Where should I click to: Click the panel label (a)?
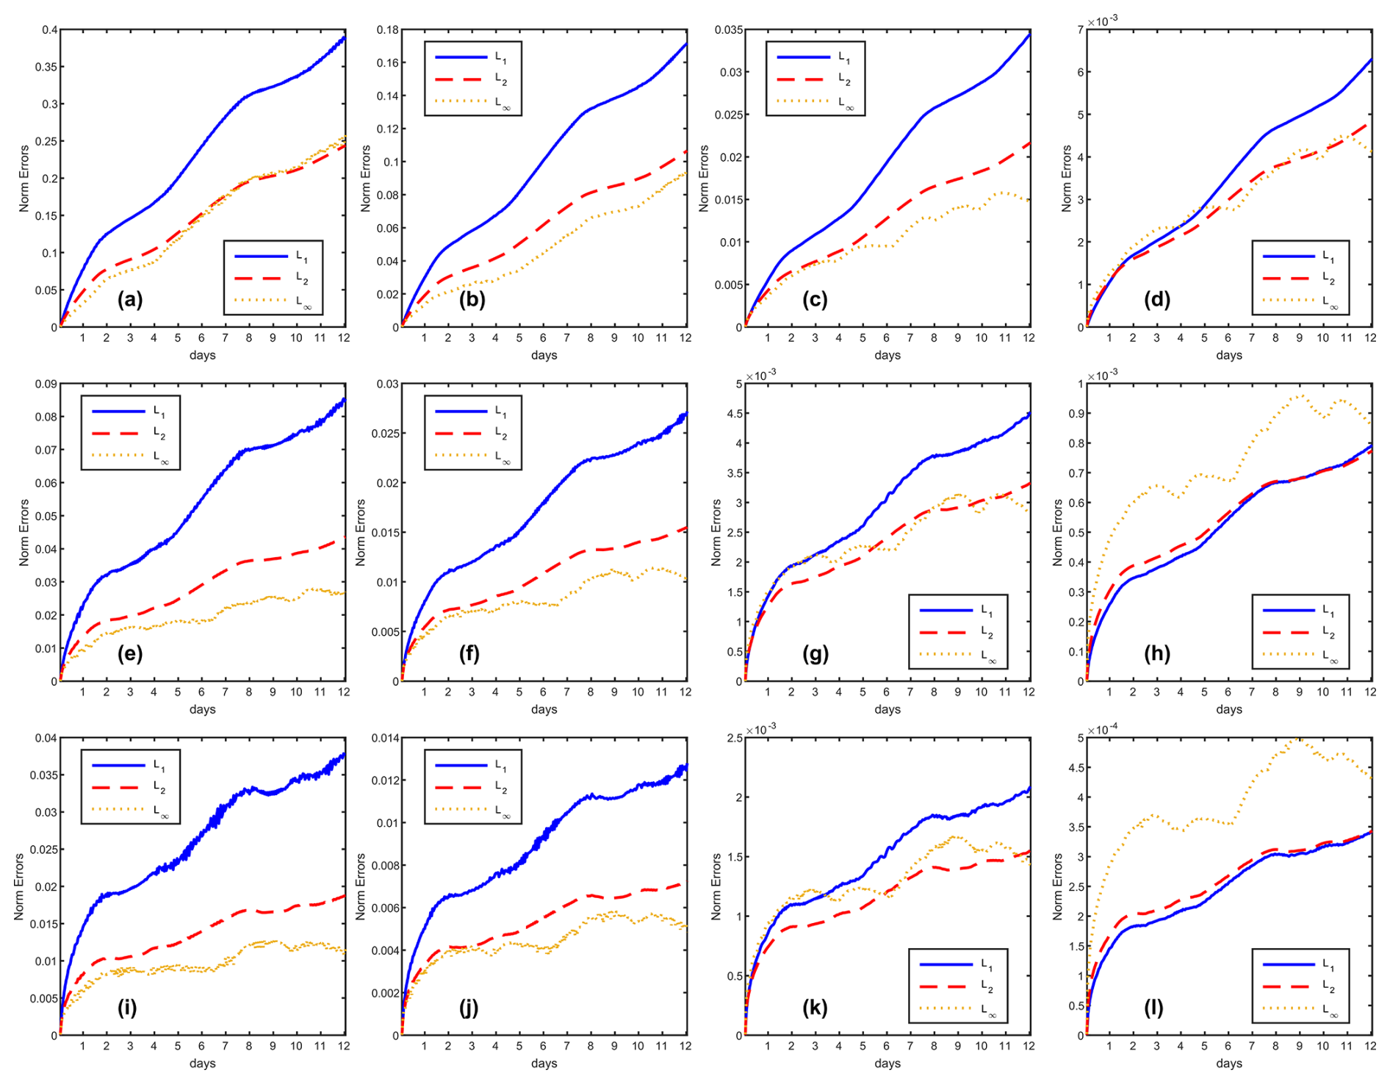(130, 299)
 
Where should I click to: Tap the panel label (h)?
(1156, 653)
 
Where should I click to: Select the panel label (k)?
(815, 1008)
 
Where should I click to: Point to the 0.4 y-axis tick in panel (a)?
(49, 30)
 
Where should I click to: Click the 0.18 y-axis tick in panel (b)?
(388, 30)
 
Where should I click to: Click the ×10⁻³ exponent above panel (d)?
(1102, 21)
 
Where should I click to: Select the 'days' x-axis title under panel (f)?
(544, 709)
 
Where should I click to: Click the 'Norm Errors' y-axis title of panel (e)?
(24, 532)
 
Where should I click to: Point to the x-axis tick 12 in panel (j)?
(685, 1046)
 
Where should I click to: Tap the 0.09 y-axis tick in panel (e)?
(46, 384)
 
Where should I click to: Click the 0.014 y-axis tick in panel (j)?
(385, 738)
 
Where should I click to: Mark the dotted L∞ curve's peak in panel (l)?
(1299, 739)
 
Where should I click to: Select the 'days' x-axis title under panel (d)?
(1228, 355)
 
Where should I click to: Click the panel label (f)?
(469, 653)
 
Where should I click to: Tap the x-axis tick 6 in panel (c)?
(886, 337)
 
